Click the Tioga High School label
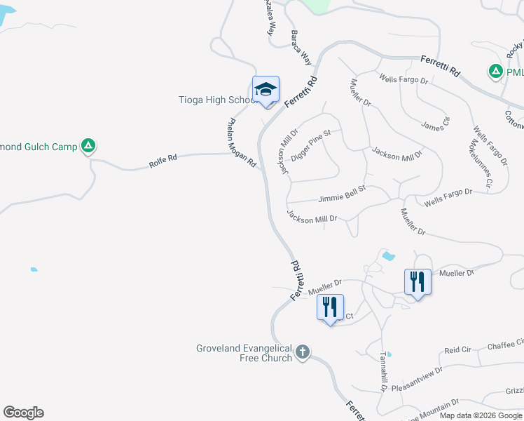tap(216, 100)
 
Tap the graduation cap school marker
tap(266, 90)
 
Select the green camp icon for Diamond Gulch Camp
tap(88, 146)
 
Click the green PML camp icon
tap(495, 72)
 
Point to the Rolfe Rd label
tap(163, 161)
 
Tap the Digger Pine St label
tap(315, 144)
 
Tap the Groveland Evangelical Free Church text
tap(244, 353)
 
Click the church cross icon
tap(303, 352)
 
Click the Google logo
tap(23, 413)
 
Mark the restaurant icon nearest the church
tap(330, 307)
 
